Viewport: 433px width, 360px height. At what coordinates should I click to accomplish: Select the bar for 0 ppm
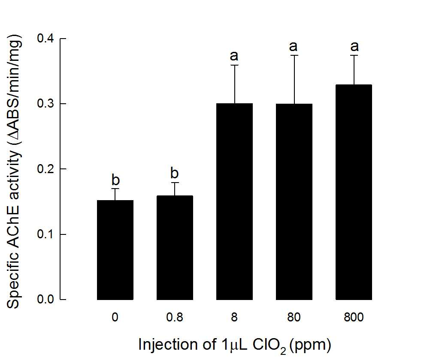click(115, 250)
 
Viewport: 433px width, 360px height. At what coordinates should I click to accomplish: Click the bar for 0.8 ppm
click(175, 248)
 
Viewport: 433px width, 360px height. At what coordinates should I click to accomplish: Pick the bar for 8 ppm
click(234, 202)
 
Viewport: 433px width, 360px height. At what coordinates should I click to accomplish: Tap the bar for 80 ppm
click(294, 202)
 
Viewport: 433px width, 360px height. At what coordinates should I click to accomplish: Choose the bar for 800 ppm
click(354, 192)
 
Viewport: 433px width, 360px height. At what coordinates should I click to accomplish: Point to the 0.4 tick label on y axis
click(45, 38)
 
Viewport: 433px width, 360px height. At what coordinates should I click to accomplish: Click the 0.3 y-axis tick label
click(45, 104)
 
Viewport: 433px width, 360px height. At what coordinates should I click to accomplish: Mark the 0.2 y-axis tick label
click(45, 169)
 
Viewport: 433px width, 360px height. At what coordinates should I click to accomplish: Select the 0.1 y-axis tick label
click(45, 234)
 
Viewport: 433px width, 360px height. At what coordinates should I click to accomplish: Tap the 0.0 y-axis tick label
click(45, 299)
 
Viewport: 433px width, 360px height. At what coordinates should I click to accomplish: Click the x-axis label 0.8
click(175, 317)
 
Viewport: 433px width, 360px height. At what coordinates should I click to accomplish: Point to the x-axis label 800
click(354, 317)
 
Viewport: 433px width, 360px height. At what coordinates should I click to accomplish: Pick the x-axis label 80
click(294, 317)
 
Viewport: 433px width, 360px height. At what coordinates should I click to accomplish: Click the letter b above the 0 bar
click(115, 180)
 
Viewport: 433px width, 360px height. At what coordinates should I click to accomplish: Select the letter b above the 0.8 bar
click(175, 173)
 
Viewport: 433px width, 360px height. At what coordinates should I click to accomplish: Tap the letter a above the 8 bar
click(234, 56)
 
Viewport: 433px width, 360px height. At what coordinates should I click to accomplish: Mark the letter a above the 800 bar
click(354, 47)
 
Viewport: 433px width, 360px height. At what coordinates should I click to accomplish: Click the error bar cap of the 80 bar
click(294, 55)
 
